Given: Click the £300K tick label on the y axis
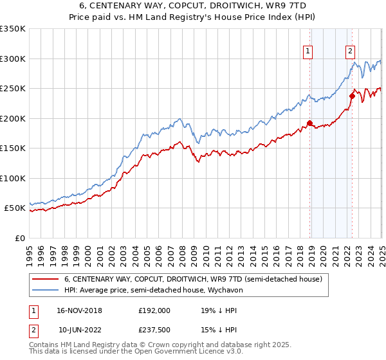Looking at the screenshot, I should pos(12,59).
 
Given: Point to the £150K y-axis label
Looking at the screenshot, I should pos(12,148).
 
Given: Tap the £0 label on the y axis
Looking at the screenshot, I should pos(21,238).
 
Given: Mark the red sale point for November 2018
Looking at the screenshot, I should pos(309,123).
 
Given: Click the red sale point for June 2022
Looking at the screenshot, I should pos(352,96).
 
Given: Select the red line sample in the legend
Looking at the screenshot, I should pos(45,279).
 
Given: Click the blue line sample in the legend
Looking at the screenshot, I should pos(45,290).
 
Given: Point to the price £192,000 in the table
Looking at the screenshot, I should pos(154,310).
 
